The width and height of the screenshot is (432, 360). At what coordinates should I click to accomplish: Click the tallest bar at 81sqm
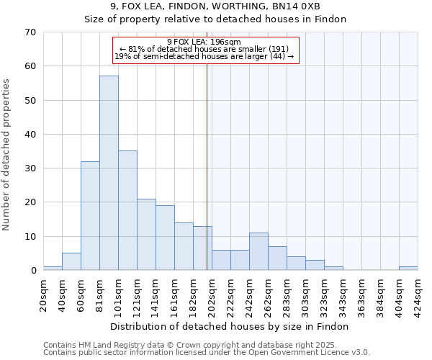tap(109, 173)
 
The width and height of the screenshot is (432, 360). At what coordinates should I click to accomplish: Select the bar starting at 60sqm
tap(90, 216)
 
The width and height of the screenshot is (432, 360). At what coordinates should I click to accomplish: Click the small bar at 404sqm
tap(408, 269)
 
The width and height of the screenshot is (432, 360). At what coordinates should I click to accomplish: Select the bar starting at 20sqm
tap(53, 269)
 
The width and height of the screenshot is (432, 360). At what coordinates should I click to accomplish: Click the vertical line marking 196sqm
tap(207, 158)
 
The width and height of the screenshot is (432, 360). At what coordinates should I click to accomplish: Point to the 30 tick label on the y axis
tap(30, 168)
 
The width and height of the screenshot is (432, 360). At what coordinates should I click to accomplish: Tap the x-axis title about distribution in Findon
tap(230, 326)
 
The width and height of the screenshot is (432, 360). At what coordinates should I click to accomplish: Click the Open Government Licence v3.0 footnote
tap(207, 352)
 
